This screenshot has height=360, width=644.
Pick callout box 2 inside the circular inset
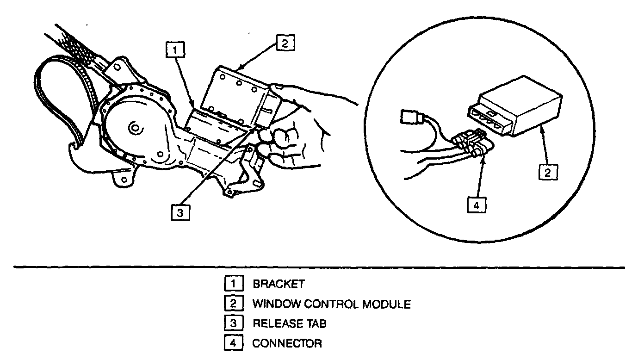tap(547, 173)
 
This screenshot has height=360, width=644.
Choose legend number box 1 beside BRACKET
tap(231, 284)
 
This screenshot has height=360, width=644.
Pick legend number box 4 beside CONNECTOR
tap(231, 343)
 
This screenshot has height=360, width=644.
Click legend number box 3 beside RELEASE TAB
tap(231, 323)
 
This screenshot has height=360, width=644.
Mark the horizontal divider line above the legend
tap(319, 267)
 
